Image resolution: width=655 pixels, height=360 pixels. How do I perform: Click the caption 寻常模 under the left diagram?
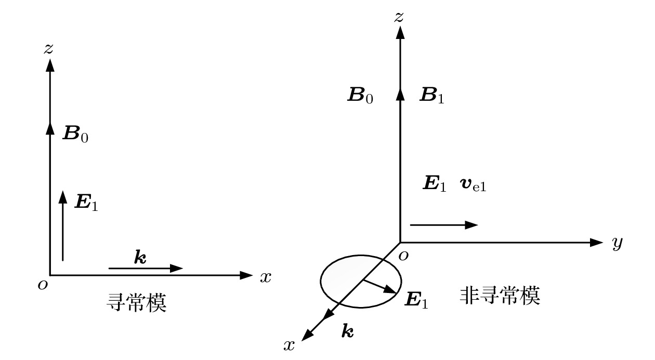pos(137,303)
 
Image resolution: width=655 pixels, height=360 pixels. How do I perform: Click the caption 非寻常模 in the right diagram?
pos(500,296)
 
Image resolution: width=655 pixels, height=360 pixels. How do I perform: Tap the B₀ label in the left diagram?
pos(75,134)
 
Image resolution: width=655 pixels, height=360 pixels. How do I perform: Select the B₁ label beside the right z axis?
pos(432,95)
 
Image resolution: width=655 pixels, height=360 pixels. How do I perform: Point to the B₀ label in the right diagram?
pos(360,95)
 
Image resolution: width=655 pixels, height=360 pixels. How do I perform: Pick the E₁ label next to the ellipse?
pos(416,300)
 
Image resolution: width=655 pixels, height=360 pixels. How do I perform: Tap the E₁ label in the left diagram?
pos(86,202)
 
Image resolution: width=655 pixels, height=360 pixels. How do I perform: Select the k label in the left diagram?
pos(140,257)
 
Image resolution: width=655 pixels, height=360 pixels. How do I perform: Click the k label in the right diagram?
pos(348,331)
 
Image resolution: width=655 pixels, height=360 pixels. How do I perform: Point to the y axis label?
pos(617,243)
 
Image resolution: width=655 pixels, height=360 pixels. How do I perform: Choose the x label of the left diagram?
pos(266,277)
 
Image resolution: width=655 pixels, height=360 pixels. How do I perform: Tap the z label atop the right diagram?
pos(399,17)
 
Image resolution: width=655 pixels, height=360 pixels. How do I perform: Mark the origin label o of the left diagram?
pos(43,285)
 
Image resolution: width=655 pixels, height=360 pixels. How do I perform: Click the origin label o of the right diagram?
pos(403,256)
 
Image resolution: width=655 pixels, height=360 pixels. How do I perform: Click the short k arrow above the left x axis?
pos(146,268)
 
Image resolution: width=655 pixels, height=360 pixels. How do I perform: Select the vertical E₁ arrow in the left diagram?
pos(62,225)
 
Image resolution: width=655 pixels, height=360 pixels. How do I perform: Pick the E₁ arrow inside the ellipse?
pos(380,287)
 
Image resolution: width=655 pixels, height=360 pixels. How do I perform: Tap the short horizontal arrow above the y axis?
pos(444,225)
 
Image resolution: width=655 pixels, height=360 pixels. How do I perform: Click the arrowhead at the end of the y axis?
pos(597,243)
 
